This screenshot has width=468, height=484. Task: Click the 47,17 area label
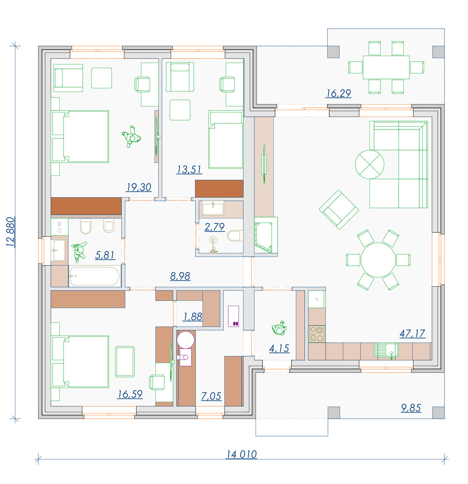(x=412, y=333)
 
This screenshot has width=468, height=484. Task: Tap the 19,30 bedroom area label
(x=139, y=187)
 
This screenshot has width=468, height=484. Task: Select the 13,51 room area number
(x=189, y=170)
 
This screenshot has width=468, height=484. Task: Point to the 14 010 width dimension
(x=241, y=455)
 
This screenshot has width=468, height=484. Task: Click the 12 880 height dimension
(x=10, y=232)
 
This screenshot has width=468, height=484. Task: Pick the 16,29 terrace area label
(x=338, y=93)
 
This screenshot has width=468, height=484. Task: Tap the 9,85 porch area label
(x=411, y=408)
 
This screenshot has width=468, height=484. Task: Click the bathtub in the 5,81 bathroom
(x=94, y=276)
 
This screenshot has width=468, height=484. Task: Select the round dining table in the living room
(x=378, y=260)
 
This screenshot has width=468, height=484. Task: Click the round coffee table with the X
(x=369, y=165)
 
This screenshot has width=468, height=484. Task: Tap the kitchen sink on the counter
(x=386, y=350)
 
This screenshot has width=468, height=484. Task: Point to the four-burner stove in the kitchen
(x=317, y=334)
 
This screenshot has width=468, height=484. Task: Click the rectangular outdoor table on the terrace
(x=386, y=67)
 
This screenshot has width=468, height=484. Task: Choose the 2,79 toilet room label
(x=214, y=227)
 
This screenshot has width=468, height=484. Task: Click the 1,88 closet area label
(x=193, y=317)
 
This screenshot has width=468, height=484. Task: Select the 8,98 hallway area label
(x=180, y=276)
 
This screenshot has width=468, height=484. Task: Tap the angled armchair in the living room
(x=338, y=210)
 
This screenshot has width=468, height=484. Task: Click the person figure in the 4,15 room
(x=279, y=328)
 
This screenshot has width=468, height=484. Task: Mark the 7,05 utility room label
(x=211, y=396)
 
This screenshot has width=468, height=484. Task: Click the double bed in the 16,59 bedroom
(x=80, y=362)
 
